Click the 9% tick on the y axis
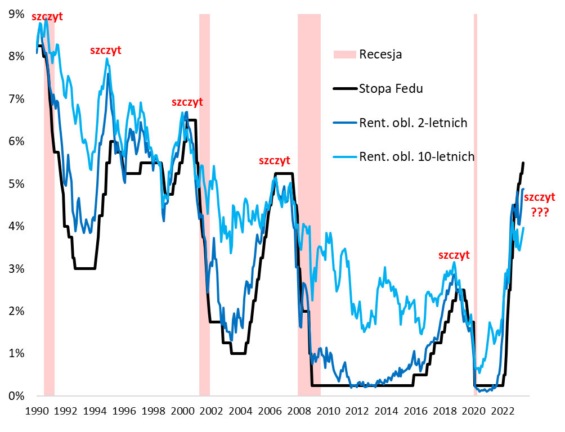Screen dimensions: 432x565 (16, 13)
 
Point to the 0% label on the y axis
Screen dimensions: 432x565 (16, 396)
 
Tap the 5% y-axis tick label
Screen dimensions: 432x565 (16, 184)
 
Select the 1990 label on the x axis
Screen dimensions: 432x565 (37, 411)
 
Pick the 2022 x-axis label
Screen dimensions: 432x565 (500, 411)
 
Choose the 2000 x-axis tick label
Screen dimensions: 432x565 (182, 411)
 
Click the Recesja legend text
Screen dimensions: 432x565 (380, 55)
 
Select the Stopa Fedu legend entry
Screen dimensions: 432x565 (391, 88)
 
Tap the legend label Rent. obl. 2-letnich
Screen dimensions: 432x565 (413, 123)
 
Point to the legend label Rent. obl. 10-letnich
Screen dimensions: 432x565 (416, 156)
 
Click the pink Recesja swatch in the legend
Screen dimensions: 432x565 (345, 55)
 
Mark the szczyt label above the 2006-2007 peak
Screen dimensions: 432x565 (274, 160)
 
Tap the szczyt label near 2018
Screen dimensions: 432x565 (454, 255)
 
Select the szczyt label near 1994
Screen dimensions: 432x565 (106, 51)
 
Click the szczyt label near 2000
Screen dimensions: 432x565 (187, 102)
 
